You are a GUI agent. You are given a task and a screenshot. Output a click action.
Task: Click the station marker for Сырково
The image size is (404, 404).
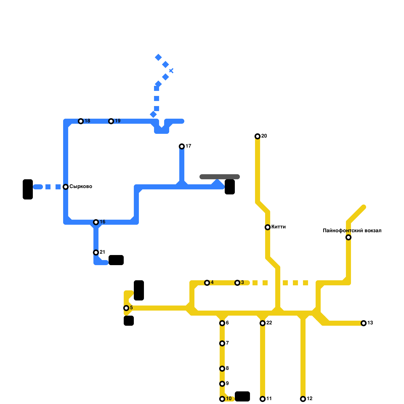click(66, 187)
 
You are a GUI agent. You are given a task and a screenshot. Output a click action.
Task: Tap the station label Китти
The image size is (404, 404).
click(279, 227)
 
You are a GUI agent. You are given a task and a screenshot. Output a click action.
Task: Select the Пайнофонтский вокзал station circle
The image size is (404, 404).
click(348, 237)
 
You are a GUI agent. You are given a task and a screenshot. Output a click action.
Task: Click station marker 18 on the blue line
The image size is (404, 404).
click(81, 121)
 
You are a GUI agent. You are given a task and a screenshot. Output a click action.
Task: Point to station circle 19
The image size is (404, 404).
click(111, 121)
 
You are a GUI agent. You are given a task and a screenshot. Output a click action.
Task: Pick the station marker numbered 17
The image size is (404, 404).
click(182, 146)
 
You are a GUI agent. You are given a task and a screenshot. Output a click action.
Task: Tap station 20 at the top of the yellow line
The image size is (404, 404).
click(258, 136)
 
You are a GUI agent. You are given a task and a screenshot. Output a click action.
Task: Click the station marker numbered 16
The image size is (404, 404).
click(96, 222)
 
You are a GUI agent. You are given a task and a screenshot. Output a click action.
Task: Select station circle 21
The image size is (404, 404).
click(96, 252)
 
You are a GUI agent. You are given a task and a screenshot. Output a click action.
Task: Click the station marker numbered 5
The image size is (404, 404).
click(126, 308)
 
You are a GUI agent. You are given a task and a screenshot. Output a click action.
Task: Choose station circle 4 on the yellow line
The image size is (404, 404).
click(207, 283)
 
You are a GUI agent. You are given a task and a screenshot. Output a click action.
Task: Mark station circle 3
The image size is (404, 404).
click(237, 283)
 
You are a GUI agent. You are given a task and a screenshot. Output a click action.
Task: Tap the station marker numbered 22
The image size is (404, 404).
click(263, 323)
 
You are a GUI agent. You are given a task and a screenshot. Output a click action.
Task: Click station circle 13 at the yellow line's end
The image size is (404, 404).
click(364, 323)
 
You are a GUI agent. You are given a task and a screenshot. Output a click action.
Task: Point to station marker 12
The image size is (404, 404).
click(303, 399)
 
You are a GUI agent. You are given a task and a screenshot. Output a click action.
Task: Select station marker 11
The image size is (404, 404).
click(263, 399)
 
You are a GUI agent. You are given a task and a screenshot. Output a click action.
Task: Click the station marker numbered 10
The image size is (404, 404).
click(222, 399)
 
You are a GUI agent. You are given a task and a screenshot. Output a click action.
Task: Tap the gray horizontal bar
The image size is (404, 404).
click(220, 177)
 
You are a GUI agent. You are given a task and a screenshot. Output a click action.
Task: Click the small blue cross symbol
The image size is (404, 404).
click(171, 71)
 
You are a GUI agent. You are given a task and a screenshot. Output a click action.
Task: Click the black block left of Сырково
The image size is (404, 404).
click(28, 189)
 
